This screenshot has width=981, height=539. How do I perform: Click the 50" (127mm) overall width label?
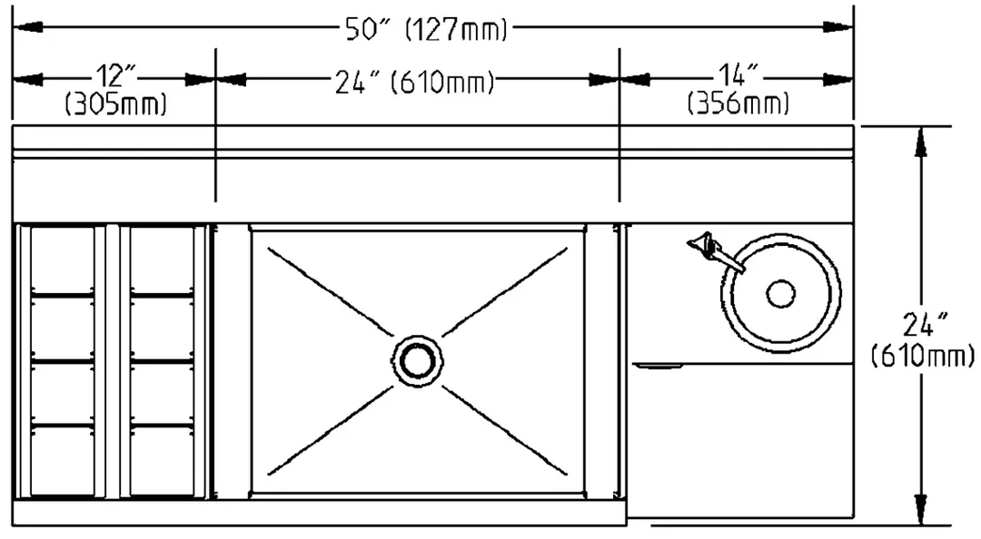[426, 29]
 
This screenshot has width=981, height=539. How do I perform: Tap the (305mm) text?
[116, 103]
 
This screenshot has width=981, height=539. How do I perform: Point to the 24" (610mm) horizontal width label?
[414, 82]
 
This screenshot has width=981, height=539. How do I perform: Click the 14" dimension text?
[738, 75]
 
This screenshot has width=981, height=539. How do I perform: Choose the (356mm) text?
[738, 103]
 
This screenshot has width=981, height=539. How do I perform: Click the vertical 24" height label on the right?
[923, 341]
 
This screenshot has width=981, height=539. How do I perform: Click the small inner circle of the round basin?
[781, 293]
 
